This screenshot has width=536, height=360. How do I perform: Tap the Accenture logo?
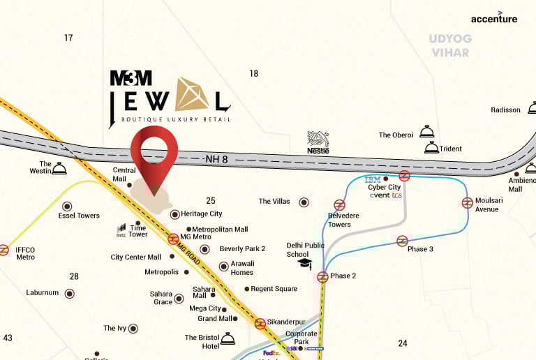[x=494, y=19]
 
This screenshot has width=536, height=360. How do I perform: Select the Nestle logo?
[x=318, y=142]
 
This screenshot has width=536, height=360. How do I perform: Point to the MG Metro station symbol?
[x=172, y=239]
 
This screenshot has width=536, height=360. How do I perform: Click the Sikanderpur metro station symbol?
[x=260, y=323]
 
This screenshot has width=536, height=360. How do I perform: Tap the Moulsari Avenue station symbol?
[x=467, y=202]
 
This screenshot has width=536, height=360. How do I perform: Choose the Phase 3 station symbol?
[x=402, y=241]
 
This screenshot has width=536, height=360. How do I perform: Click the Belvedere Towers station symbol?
[x=339, y=205]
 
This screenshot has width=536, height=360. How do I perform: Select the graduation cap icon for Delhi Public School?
[x=304, y=263]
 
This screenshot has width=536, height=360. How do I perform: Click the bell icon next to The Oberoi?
[x=426, y=132]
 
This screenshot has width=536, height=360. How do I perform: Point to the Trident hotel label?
[x=451, y=149]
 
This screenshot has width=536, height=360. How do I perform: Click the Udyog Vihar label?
[x=450, y=45]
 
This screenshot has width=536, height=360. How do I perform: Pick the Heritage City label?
[x=202, y=213]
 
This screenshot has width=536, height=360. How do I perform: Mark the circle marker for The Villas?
[x=304, y=202]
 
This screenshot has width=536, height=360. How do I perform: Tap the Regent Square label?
[x=274, y=289]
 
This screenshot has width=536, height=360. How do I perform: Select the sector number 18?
[x=253, y=73]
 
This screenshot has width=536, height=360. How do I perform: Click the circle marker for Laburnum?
[x=70, y=293]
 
